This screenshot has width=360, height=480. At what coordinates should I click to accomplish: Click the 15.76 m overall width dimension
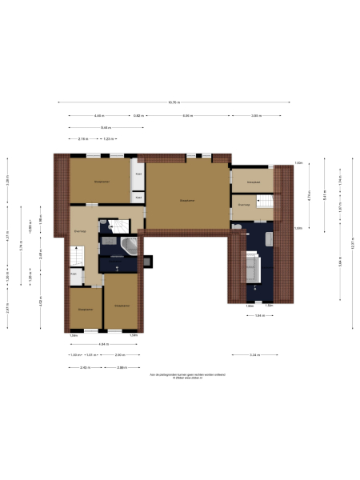coord(174,102)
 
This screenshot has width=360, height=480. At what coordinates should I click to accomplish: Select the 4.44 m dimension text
coord(98,116)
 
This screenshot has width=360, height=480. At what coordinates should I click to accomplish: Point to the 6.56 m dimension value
coord(187,116)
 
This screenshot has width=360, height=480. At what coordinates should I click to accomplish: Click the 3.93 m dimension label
coord(255,116)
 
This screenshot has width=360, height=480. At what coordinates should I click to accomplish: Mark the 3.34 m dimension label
coord(254,354)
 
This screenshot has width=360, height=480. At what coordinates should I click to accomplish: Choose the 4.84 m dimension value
coord(103,345)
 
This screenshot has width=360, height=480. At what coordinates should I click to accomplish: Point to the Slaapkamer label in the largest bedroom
coord(187,200)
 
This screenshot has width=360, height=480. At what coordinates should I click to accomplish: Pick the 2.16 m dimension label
coord(82,139)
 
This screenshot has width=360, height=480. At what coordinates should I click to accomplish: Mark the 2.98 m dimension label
coord(122,367)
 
